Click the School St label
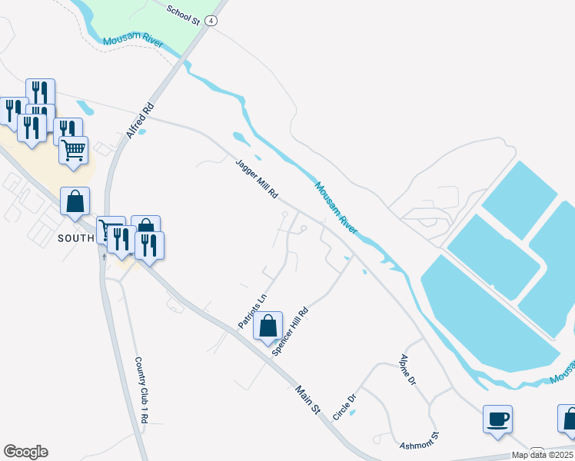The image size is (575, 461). [184, 14]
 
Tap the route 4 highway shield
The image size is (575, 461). [211, 21]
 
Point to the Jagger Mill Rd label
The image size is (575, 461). [256, 178]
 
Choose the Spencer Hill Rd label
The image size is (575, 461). [291, 331]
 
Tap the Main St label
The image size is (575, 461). [307, 401]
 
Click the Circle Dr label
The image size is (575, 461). [345, 407]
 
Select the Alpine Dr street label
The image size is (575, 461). [407, 370]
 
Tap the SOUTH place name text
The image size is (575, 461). [75, 238]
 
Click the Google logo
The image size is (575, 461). [25, 452]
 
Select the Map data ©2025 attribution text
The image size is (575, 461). [542, 455]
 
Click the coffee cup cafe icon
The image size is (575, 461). [497, 420]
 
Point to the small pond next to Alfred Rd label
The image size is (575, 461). [142, 131]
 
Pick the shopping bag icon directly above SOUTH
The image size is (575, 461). [75, 202]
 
